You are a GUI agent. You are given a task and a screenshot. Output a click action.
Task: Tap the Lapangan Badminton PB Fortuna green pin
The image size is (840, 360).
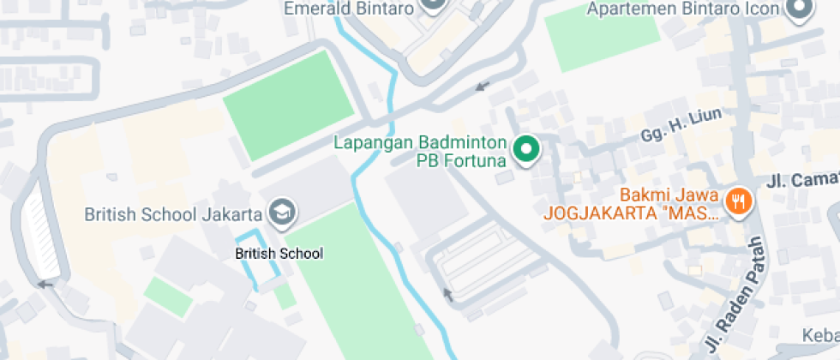pyautogui.click(x=525, y=150)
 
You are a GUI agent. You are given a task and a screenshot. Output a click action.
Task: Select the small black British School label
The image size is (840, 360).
pyautogui.click(x=279, y=253)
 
